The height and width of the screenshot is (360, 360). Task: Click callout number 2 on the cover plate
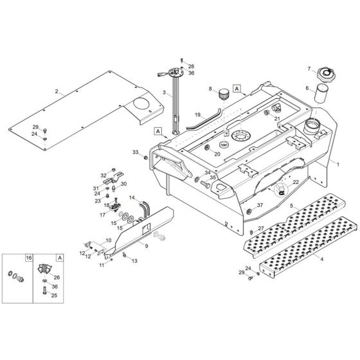(x=57, y=92)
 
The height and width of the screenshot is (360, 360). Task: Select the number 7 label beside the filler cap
(x=309, y=69)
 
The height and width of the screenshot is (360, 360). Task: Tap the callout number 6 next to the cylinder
(x=307, y=88)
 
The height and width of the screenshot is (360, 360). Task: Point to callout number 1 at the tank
(x=337, y=165)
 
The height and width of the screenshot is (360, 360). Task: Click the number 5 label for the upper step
(x=292, y=206)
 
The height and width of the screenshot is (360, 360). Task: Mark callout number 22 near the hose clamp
(x=295, y=183)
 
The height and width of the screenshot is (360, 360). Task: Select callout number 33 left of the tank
(x=135, y=152)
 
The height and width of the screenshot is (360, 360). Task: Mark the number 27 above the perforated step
(x=261, y=228)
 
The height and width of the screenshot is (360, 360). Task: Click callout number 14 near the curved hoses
(x=132, y=197)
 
